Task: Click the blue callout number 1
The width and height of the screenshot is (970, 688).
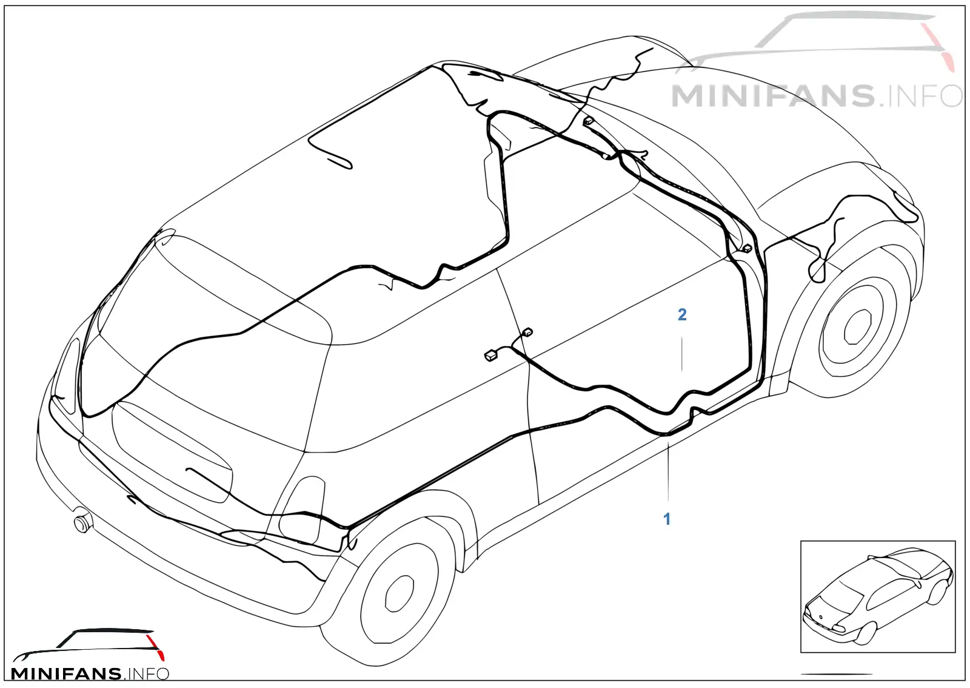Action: (667, 519)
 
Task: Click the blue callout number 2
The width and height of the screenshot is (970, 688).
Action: (682, 315)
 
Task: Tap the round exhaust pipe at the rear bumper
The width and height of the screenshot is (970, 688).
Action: (82, 524)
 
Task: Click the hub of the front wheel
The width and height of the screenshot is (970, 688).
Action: (857, 327)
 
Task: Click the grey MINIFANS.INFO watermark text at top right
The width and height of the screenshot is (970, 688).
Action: (816, 96)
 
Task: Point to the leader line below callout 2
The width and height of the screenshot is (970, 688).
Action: (682, 354)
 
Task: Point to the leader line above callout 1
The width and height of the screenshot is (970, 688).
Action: (668, 471)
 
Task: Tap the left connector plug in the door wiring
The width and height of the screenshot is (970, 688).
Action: (490, 356)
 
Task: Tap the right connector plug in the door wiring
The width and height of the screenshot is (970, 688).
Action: (527, 332)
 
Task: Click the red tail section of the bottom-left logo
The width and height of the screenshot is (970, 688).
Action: (155, 647)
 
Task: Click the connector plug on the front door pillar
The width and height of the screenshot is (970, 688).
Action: (747, 249)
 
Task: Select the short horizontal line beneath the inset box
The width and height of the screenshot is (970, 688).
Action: (836, 674)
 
